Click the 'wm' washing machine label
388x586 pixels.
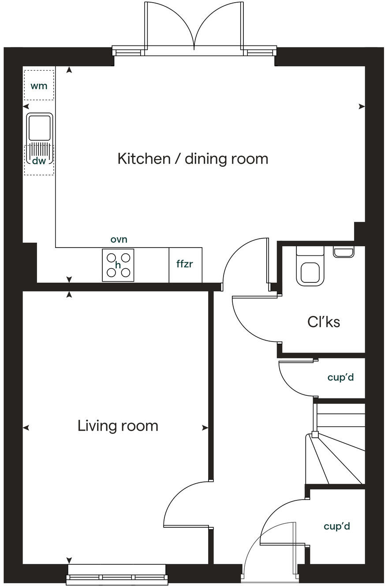click(x=39, y=86)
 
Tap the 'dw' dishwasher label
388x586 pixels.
click(x=39, y=161)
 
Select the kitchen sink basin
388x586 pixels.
click(x=39, y=127)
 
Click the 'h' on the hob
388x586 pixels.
click(x=118, y=265)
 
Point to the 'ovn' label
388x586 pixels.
click(x=119, y=239)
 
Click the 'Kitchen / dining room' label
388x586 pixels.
click(x=193, y=158)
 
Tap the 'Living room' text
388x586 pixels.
click(x=118, y=426)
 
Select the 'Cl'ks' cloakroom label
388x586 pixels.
click(x=324, y=322)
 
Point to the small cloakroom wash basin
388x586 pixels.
click(x=343, y=252)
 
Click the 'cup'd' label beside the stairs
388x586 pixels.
click(x=340, y=378)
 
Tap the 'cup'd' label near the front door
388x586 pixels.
click(x=336, y=526)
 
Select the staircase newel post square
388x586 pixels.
click(x=315, y=434)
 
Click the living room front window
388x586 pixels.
click(x=117, y=576)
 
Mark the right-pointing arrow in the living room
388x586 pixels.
click(x=205, y=428)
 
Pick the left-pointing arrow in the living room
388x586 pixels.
click(x=26, y=428)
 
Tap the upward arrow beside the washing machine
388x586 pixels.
click(x=69, y=70)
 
